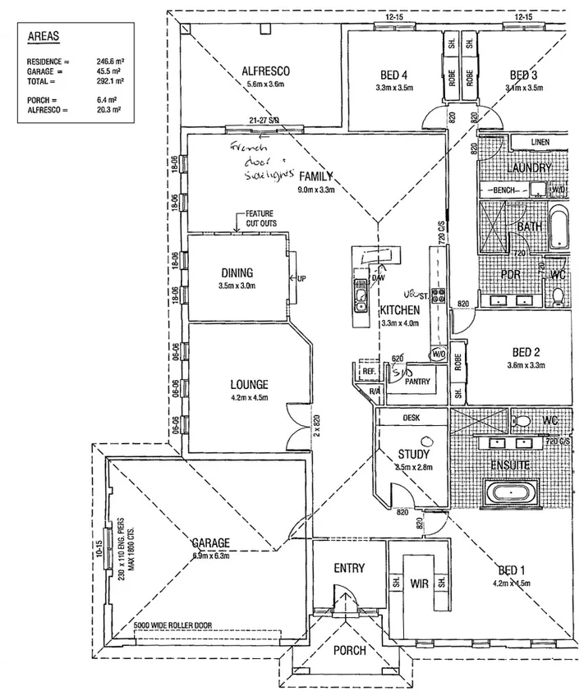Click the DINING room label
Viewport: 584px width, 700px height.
tap(237, 273)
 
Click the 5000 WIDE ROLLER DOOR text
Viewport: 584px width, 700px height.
tap(172, 625)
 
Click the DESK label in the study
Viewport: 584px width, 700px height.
tap(412, 417)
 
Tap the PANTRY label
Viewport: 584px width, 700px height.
tap(418, 382)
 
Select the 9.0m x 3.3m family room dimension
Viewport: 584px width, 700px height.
tap(317, 190)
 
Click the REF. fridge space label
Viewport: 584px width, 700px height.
tap(369, 372)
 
